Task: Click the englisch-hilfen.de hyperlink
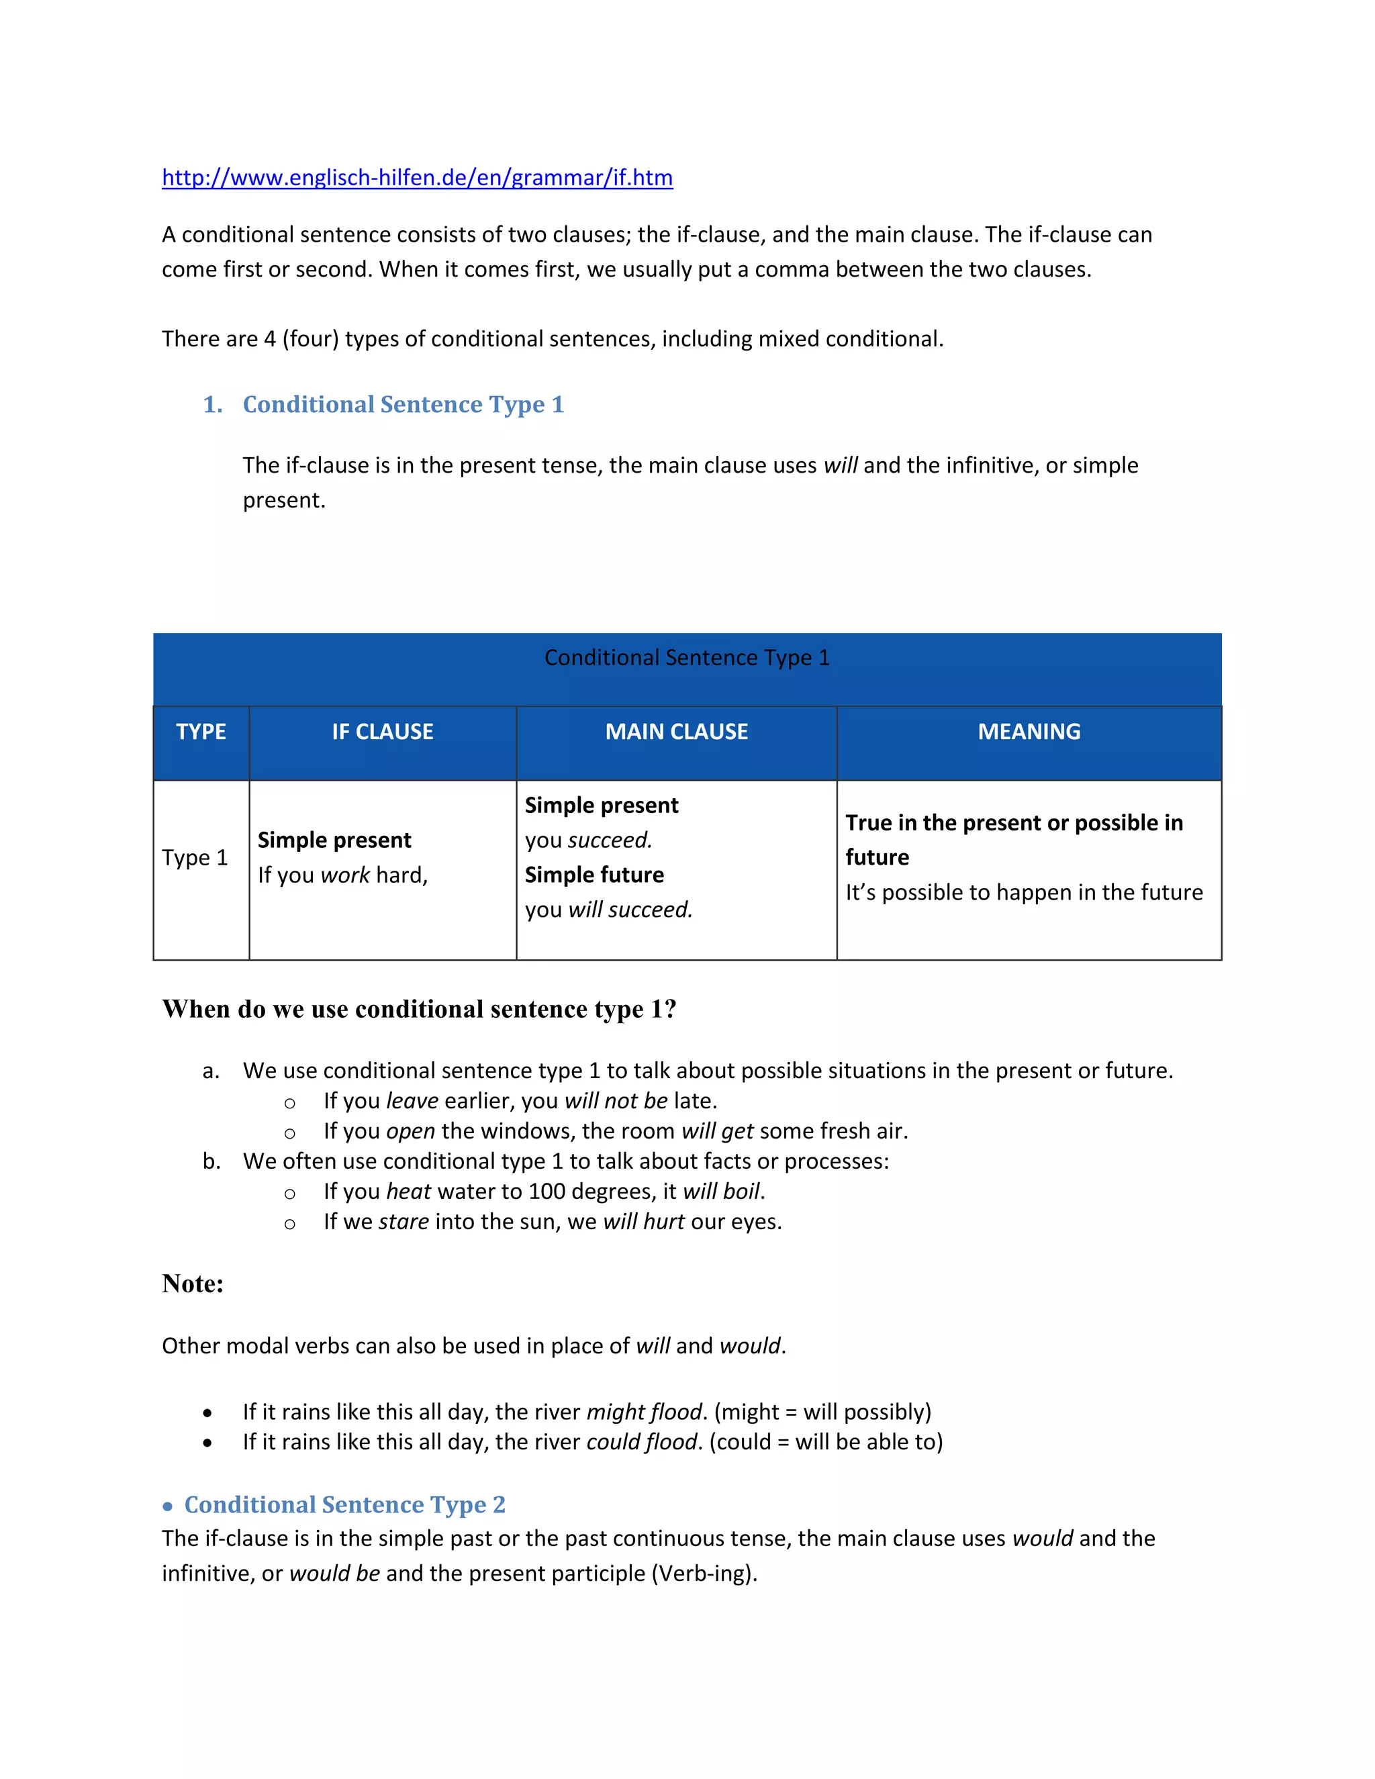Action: (x=417, y=178)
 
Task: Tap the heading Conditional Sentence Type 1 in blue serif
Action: (x=404, y=405)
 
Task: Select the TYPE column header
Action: (x=201, y=732)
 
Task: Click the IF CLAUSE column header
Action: (x=382, y=732)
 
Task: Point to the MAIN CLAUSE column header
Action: (x=676, y=732)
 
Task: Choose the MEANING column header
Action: (x=1029, y=732)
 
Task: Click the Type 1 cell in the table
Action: (x=195, y=858)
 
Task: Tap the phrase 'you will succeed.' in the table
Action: (x=608, y=909)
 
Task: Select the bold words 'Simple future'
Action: (x=594, y=875)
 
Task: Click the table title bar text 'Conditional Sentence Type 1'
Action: (x=687, y=657)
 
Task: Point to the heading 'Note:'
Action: (x=192, y=1284)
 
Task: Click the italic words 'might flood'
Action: (x=643, y=1412)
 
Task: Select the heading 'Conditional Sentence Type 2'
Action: (x=344, y=1504)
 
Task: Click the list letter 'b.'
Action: (x=211, y=1161)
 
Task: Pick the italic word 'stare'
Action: (x=404, y=1222)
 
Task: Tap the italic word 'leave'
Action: (x=412, y=1101)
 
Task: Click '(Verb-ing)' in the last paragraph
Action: (x=704, y=1573)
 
